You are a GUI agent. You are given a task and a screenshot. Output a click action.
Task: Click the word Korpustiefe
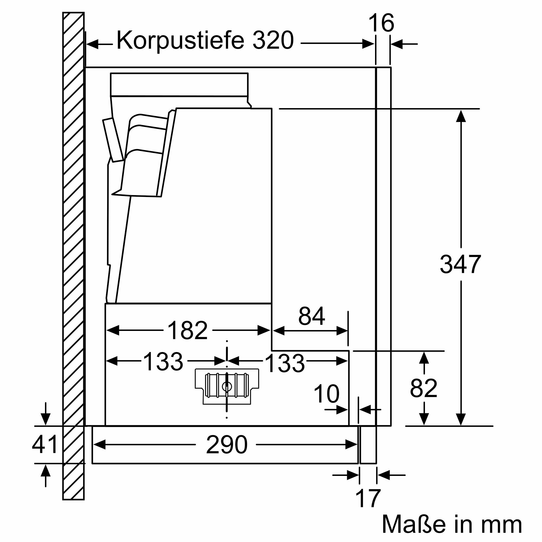(x=180, y=40)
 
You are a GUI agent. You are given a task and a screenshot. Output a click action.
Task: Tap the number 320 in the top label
(x=273, y=40)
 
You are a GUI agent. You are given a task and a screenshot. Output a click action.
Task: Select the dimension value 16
(x=381, y=23)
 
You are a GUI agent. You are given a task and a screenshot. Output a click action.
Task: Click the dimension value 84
(x=312, y=316)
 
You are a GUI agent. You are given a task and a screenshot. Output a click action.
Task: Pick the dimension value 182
(x=188, y=330)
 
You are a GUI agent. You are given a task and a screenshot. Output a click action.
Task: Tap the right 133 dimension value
(x=285, y=363)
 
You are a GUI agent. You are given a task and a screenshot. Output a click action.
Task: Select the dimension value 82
(x=424, y=388)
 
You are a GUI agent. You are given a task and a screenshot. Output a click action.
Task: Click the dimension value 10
(x=326, y=393)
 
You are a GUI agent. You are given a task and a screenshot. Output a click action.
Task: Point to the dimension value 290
(x=227, y=445)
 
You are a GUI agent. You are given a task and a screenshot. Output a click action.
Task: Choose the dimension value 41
(x=45, y=444)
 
